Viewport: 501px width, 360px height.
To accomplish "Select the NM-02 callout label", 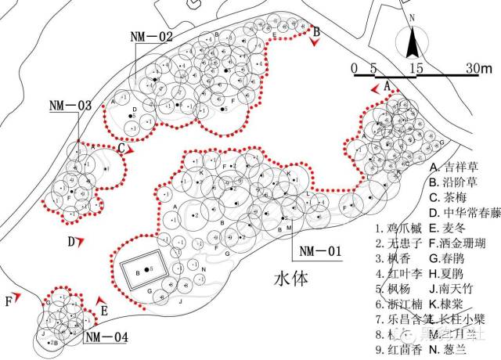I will (x=153, y=36).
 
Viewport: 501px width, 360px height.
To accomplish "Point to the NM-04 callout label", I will (x=106, y=337).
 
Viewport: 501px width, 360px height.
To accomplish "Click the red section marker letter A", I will (x=387, y=85).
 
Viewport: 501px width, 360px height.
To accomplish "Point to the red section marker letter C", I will (x=122, y=146).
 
